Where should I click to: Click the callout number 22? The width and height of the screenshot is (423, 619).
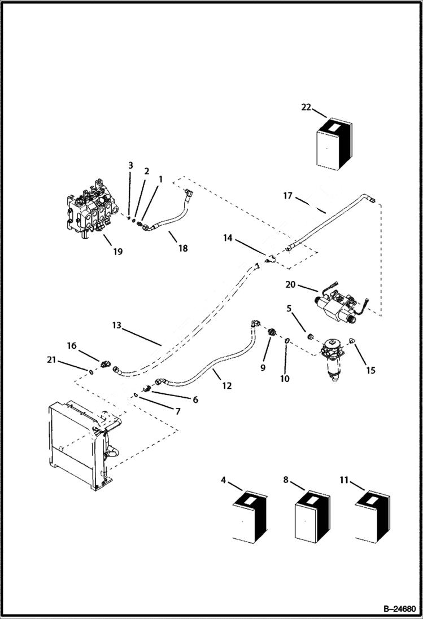[x=306, y=107]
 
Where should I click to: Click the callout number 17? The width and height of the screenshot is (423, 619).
[x=287, y=196]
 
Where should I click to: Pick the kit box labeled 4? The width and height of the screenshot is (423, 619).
[x=250, y=516]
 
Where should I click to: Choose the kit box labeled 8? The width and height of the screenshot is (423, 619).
[x=311, y=516]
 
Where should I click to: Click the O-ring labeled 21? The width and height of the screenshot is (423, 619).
[x=91, y=371]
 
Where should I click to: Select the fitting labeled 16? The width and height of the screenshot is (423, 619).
[x=106, y=365]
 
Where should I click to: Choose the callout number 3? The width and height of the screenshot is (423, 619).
[x=130, y=165]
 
